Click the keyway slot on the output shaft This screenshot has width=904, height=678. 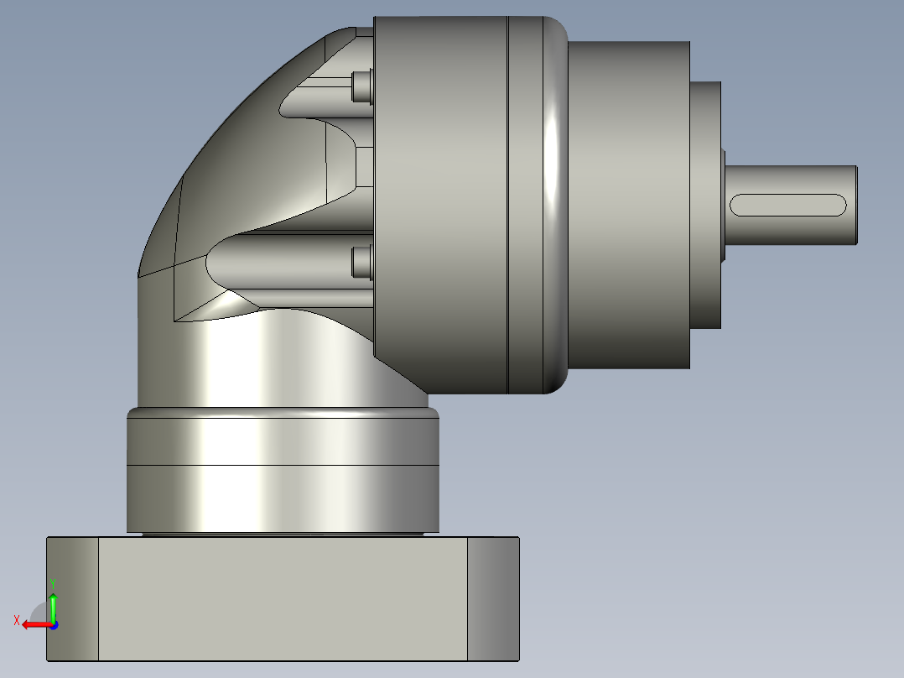788,205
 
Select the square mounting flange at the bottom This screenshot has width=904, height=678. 283,597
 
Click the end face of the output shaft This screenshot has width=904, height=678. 856,205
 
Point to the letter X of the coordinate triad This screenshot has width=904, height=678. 16,621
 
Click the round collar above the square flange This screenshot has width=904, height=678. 283,470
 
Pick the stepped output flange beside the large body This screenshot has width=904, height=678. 629,206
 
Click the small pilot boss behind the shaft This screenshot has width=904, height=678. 705,206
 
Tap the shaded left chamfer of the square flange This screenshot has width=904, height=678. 73,597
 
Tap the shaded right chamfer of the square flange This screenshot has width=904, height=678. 493,597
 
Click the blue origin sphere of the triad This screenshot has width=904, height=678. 53,624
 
